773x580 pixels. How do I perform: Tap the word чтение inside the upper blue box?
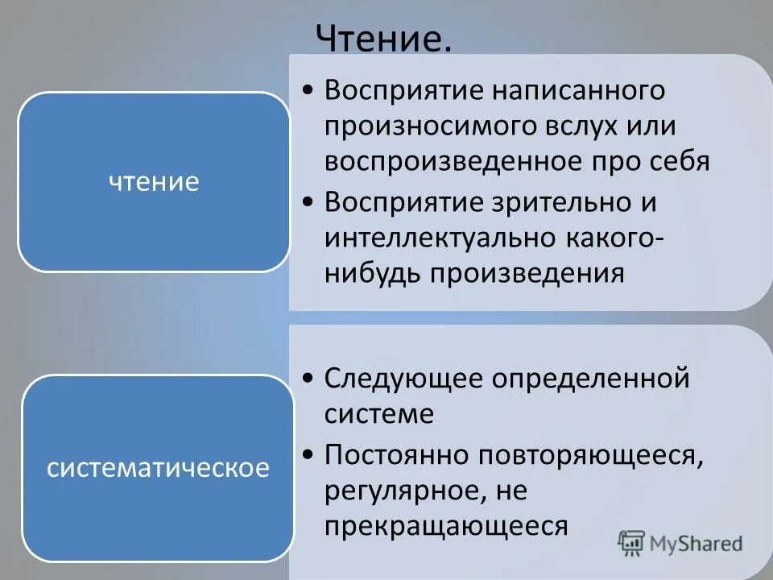point(154,182)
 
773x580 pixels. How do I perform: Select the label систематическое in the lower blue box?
point(158,468)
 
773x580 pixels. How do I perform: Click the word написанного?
point(581,91)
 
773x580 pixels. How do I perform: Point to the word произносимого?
point(424,126)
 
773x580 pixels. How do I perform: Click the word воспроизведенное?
point(453,161)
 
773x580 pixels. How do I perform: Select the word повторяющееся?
point(588,455)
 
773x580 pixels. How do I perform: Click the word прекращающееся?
point(447,525)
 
